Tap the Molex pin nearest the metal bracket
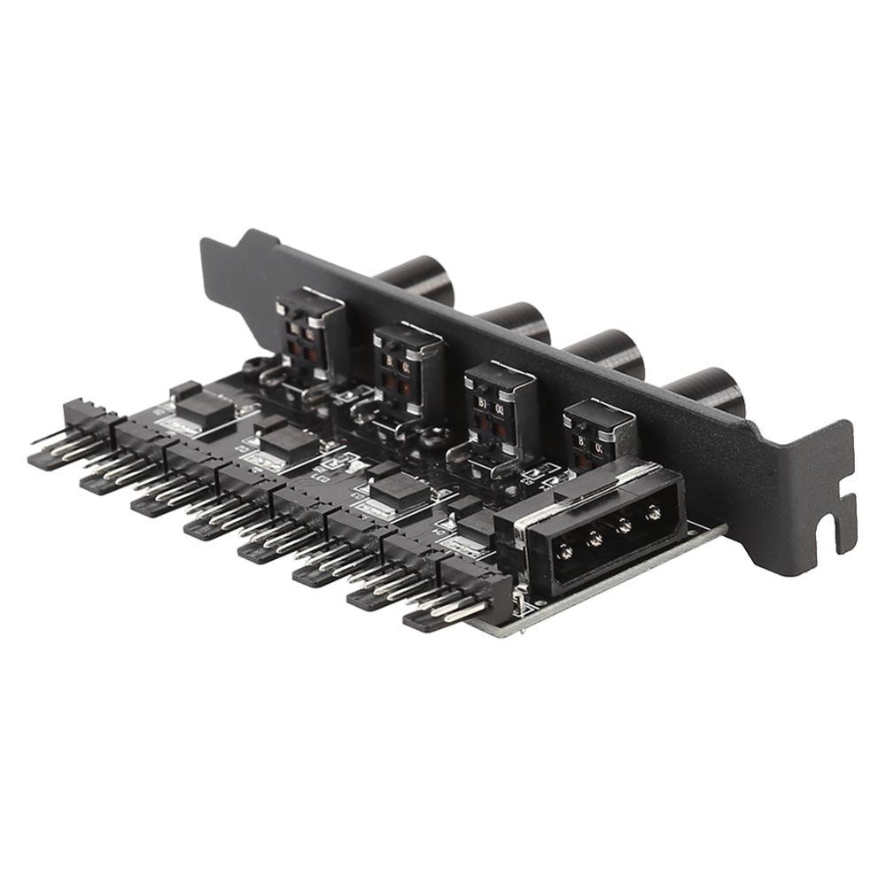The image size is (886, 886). pos(654,512)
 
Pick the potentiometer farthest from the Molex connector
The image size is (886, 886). pos(308,332)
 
